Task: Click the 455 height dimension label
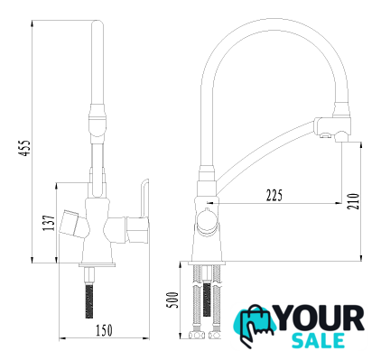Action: click(x=24, y=148)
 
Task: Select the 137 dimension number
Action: click(x=49, y=223)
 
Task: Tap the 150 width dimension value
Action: click(x=104, y=330)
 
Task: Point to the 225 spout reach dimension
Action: click(x=274, y=195)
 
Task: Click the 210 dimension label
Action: click(x=353, y=201)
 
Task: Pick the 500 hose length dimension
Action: click(x=172, y=300)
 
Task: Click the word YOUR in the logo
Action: click(x=320, y=318)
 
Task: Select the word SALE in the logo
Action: click(x=319, y=341)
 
